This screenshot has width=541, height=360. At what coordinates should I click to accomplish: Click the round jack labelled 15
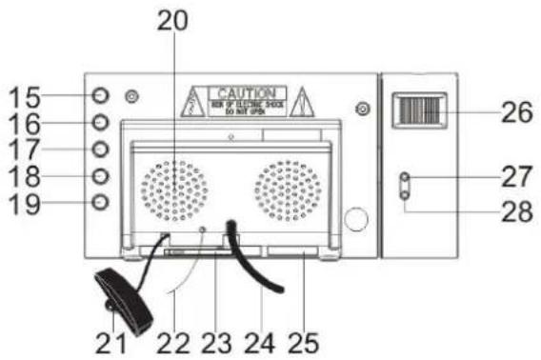(102, 96)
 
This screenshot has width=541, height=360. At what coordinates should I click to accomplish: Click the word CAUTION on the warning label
(247, 92)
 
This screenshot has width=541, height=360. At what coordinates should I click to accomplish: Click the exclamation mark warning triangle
(302, 100)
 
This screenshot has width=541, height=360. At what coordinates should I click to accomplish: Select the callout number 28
(516, 211)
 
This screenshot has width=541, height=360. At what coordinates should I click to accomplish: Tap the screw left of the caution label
(133, 96)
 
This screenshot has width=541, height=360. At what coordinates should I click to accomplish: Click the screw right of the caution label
(361, 110)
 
